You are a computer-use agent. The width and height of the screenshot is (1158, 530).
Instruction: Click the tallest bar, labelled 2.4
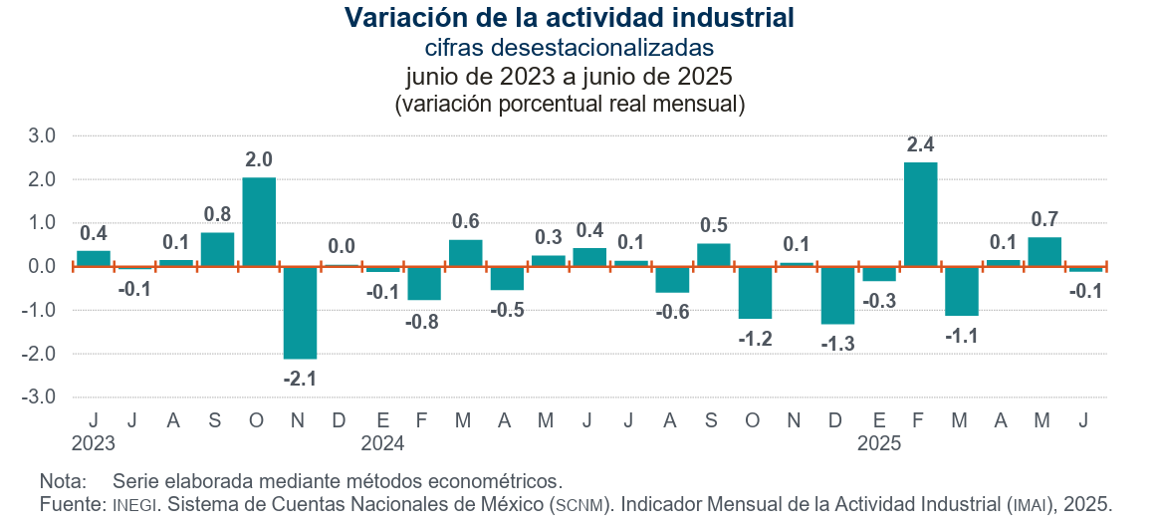(920, 214)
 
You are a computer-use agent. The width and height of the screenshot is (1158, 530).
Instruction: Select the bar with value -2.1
(300, 312)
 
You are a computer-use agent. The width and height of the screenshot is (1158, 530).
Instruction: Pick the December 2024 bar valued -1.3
(837, 295)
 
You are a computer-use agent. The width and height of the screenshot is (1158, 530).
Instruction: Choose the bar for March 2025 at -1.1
(962, 291)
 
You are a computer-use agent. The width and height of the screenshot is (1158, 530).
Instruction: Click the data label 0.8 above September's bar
(217, 214)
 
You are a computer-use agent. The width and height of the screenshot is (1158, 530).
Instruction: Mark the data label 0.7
(1044, 219)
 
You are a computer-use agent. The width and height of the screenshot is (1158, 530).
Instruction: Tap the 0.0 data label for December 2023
(342, 245)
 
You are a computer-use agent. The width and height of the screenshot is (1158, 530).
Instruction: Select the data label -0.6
(673, 312)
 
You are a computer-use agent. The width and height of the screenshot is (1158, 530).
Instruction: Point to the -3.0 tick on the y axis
(43, 397)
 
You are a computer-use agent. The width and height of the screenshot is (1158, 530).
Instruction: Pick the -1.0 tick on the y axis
(43, 310)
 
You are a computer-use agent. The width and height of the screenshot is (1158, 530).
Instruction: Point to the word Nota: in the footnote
(63, 481)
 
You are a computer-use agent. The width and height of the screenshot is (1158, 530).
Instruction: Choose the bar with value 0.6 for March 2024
(466, 253)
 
